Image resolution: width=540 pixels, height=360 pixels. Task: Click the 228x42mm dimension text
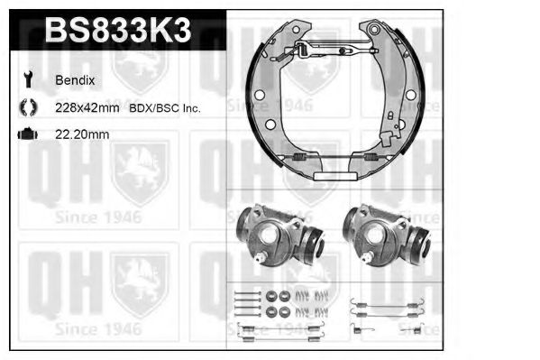88,107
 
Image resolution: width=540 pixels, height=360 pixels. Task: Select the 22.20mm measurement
82,134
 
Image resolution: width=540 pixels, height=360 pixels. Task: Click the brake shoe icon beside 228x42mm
27,107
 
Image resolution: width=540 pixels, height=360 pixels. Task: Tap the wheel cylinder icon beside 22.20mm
27,134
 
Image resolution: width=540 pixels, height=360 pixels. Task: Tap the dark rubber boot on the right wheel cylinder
420,244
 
